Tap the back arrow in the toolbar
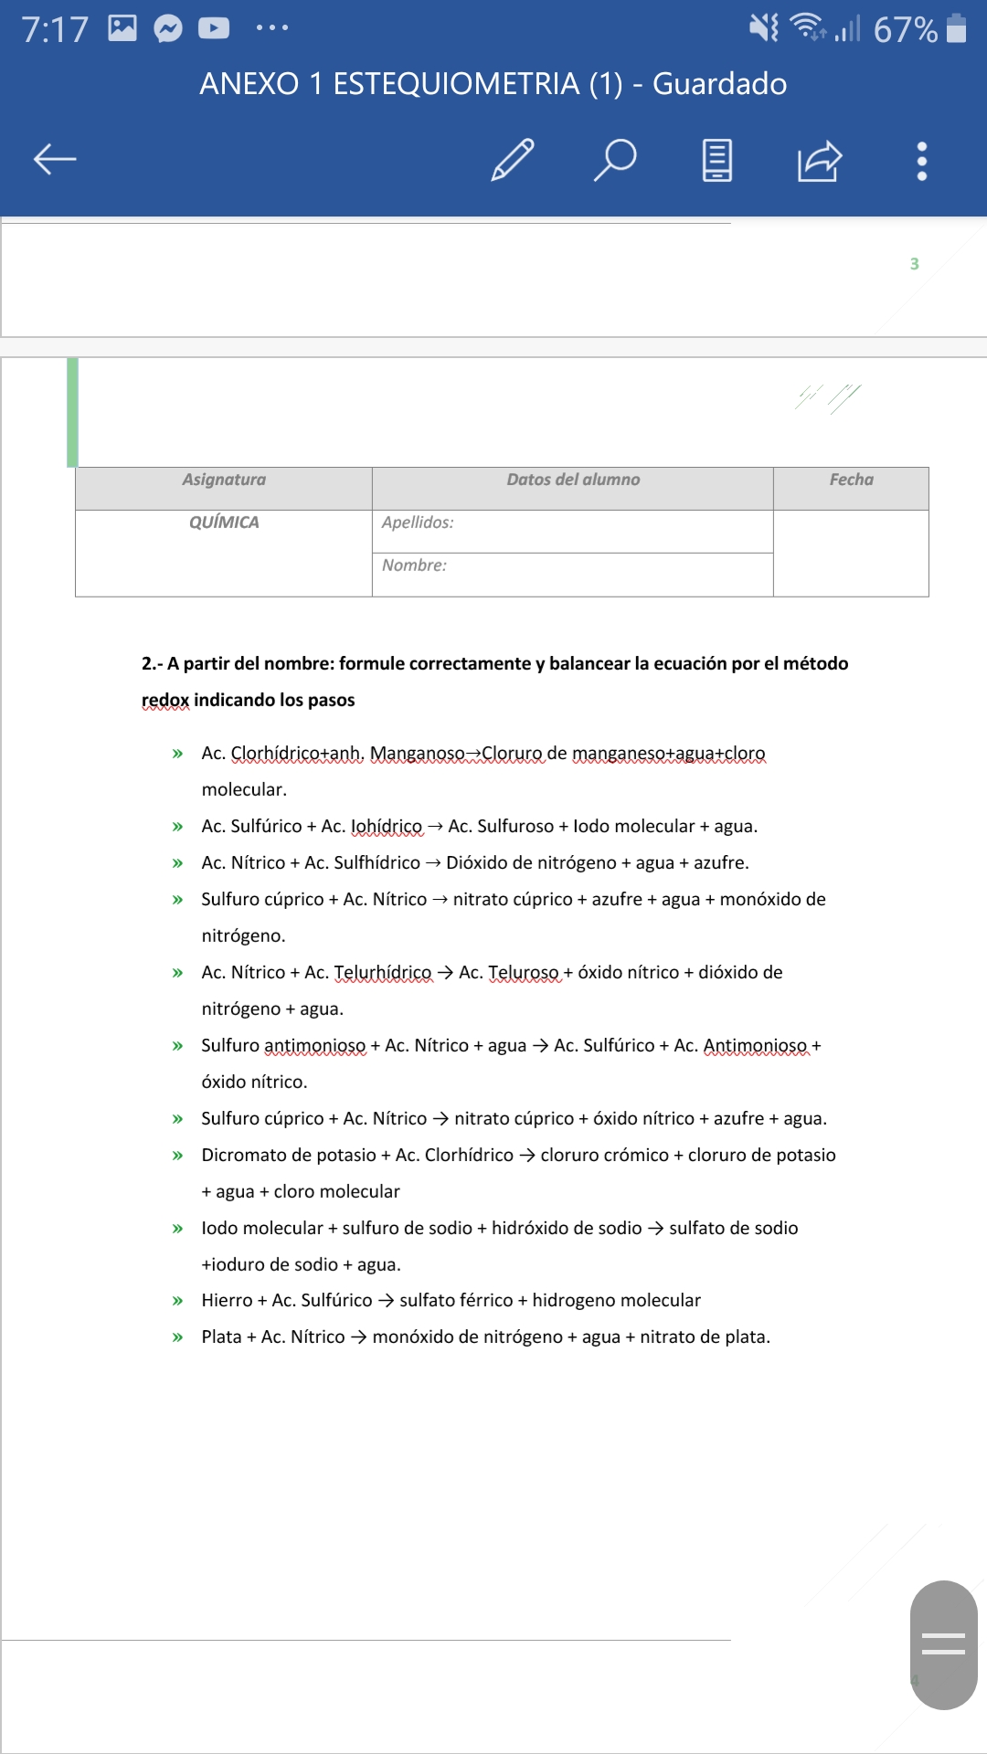(x=55, y=160)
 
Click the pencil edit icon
(x=513, y=160)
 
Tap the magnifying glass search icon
(x=615, y=160)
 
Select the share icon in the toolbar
(x=819, y=161)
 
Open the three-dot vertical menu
(x=921, y=161)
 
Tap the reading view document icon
(x=717, y=161)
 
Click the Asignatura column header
(x=224, y=480)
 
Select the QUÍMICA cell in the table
(x=224, y=523)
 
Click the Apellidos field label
(x=418, y=523)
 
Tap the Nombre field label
(x=414, y=565)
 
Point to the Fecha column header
(x=851, y=480)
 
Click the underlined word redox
(x=165, y=700)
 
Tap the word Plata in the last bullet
(x=221, y=1337)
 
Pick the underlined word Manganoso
(x=418, y=753)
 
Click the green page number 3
(x=914, y=264)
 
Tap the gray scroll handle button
(x=943, y=1644)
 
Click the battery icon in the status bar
(x=956, y=28)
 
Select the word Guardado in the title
(x=719, y=84)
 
